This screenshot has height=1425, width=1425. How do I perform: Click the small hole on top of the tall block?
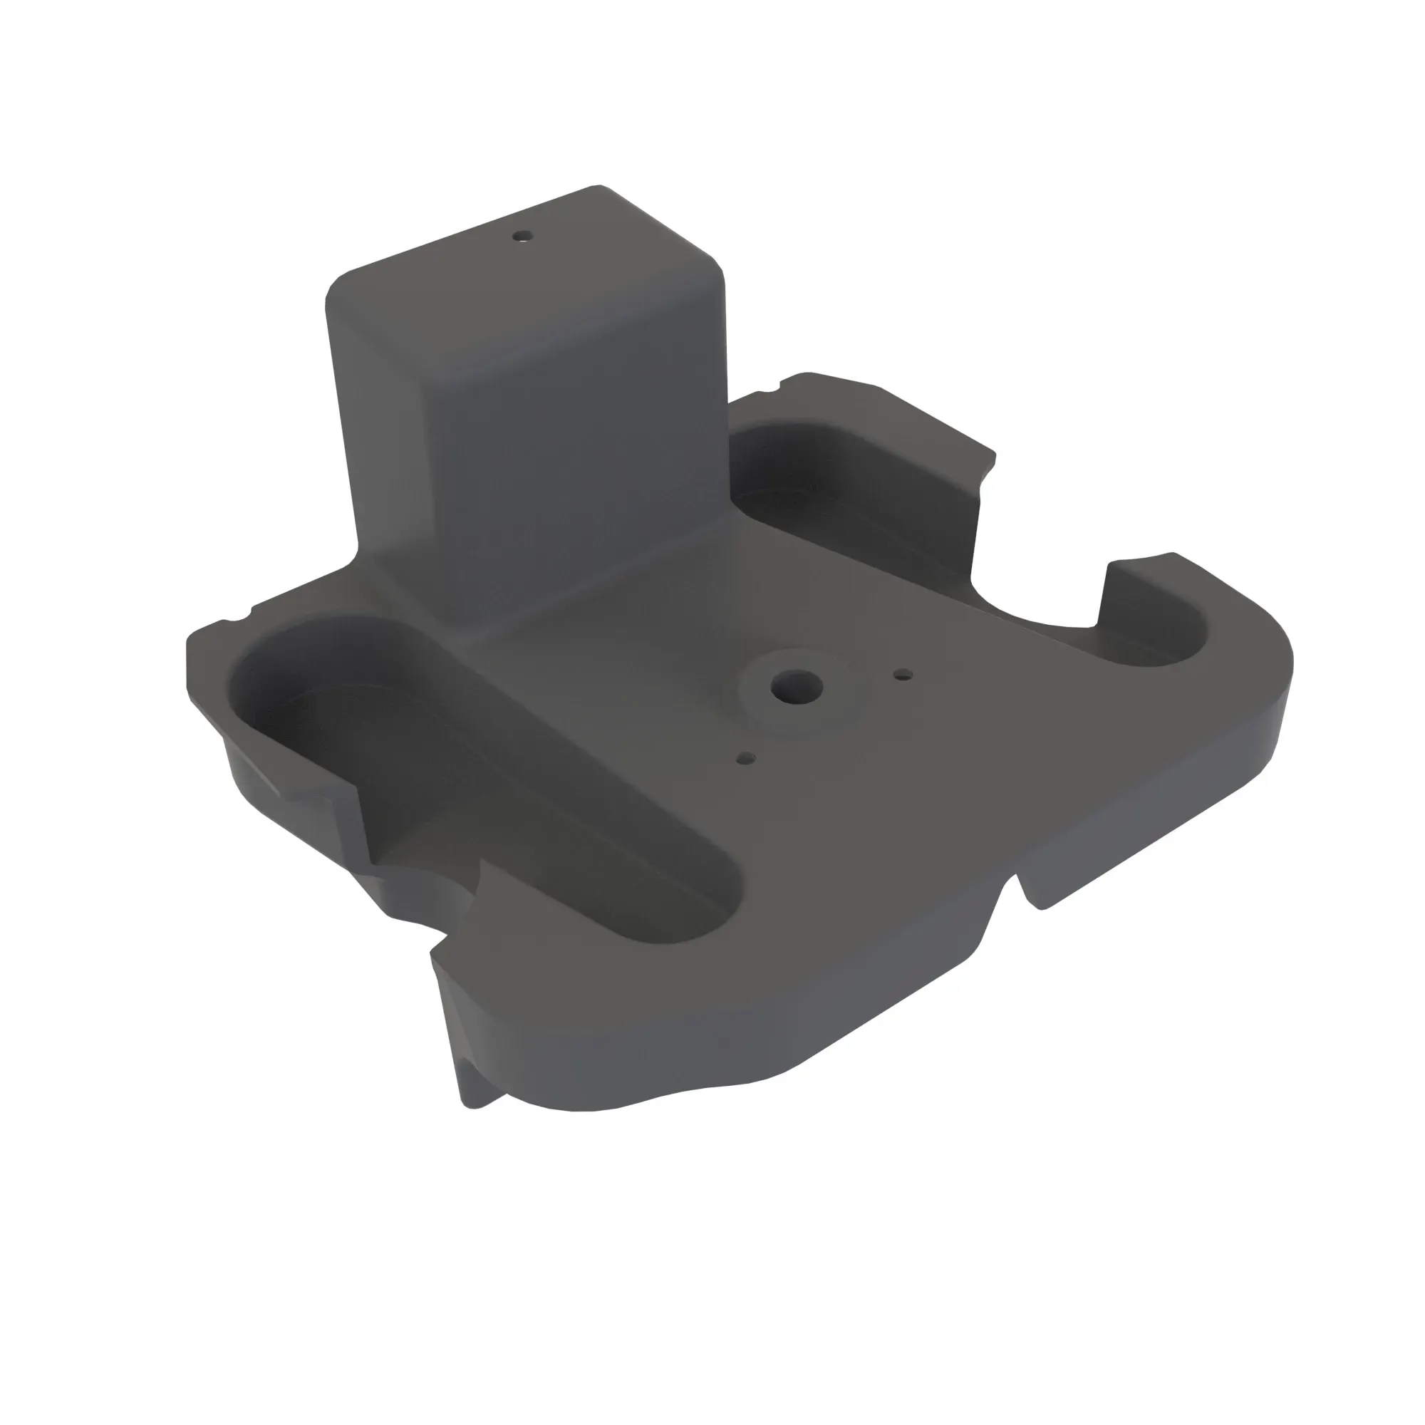pos(523,237)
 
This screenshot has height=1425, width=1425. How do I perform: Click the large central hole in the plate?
pos(797,686)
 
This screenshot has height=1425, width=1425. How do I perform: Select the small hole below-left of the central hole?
pos(747,757)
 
